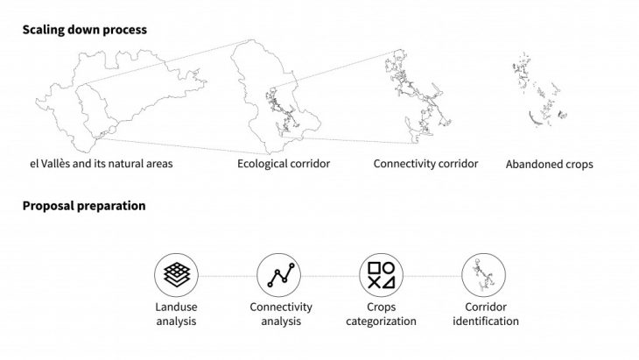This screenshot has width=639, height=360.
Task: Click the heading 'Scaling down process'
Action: [85, 30]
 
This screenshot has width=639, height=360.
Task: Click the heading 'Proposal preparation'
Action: [84, 206]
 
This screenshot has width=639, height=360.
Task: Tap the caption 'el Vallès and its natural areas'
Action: [102, 164]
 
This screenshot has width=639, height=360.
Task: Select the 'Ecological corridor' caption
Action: [284, 164]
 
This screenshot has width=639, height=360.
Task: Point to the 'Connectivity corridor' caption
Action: [425, 164]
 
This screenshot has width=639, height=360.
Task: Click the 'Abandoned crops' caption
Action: [550, 165]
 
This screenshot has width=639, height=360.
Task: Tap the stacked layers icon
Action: [177, 275]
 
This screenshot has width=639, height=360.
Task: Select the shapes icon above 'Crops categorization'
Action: [381, 275]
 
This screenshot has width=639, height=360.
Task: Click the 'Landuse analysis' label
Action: [176, 314]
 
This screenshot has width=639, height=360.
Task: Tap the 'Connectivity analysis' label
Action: [281, 314]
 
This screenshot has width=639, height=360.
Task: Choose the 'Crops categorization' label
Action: [381, 314]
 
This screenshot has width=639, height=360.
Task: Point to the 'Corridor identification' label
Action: [486, 314]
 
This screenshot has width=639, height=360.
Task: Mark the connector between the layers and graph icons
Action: [228, 276]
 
